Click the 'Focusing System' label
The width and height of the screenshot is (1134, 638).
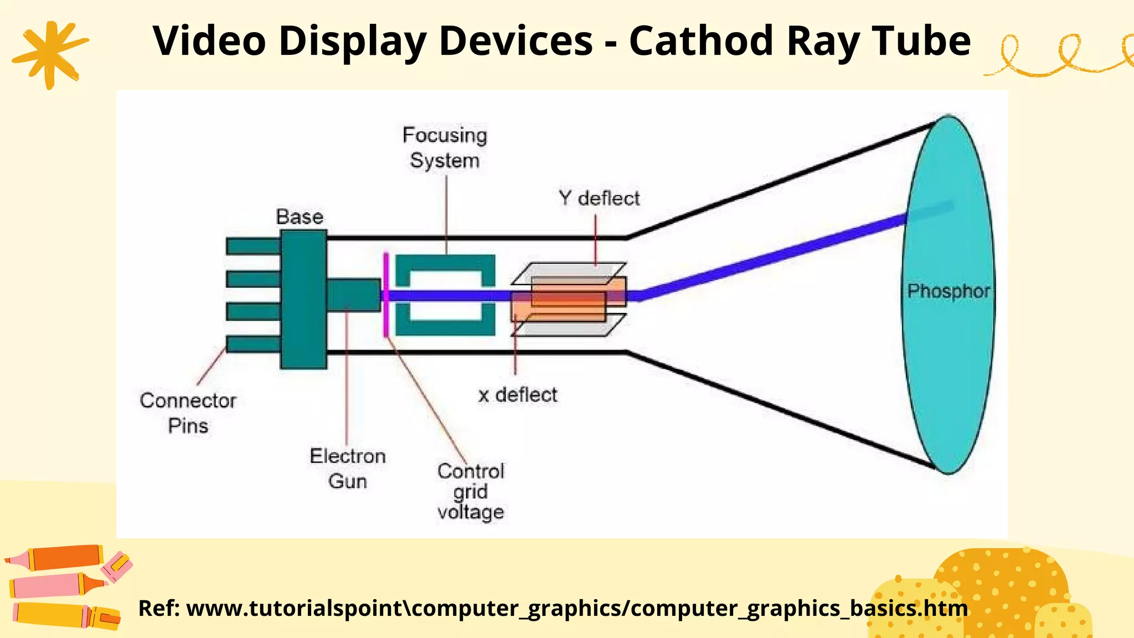pyautogui.click(x=445, y=148)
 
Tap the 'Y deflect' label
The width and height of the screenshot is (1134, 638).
pyautogui.click(x=599, y=198)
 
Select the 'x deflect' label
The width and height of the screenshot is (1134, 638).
pyautogui.click(x=518, y=395)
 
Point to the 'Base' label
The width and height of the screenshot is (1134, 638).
pyautogui.click(x=300, y=217)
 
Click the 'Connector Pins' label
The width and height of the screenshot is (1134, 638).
pyautogui.click(x=188, y=413)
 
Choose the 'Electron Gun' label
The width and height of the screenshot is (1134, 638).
pyautogui.click(x=348, y=468)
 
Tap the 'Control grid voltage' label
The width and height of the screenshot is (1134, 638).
pyautogui.click(x=471, y=491)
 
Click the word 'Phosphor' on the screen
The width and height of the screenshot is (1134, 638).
pyautogui.click(x=949, y=291)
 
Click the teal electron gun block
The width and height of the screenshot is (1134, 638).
pyautogui.click(x=353, y=295)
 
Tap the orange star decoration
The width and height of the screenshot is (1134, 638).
pyautogui.click(x=50, y=54)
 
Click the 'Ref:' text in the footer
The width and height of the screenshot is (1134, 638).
pyautogui.click(x=159, y=608)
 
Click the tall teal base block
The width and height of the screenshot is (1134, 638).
pyautogui.click(x=303, y=299)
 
